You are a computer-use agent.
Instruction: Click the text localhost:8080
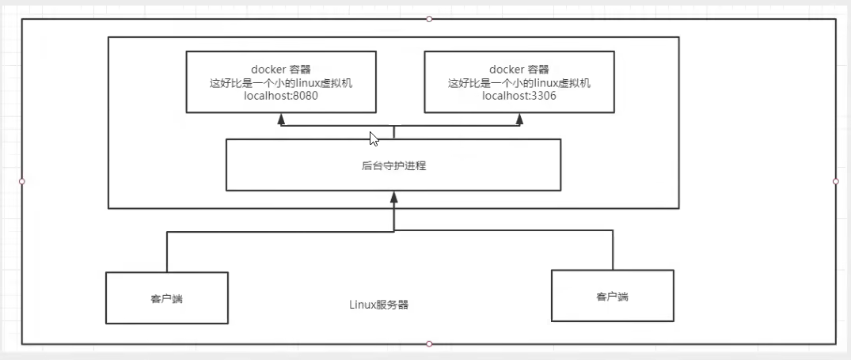281,97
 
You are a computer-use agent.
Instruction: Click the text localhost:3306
519,97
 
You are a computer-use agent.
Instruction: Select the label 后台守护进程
393,165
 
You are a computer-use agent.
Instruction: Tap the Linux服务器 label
378,305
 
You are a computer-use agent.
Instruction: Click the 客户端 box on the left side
167,297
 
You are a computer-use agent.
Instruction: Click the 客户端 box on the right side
612,295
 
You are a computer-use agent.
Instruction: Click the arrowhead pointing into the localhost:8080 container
281,119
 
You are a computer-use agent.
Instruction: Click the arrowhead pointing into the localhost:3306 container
520,119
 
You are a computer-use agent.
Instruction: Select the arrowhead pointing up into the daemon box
393,197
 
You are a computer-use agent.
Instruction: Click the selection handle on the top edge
429,18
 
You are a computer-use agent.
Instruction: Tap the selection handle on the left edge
22,181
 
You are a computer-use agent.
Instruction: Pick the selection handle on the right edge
836,181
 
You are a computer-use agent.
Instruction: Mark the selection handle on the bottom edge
429,343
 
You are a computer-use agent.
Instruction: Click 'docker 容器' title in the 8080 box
281,70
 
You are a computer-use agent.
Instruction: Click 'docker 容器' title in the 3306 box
519,70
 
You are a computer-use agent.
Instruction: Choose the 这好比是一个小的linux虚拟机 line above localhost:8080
281,83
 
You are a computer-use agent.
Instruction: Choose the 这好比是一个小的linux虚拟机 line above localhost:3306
519,83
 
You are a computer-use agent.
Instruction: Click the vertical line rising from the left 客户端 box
167,252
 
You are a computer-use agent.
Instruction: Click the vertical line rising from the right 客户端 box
612,250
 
